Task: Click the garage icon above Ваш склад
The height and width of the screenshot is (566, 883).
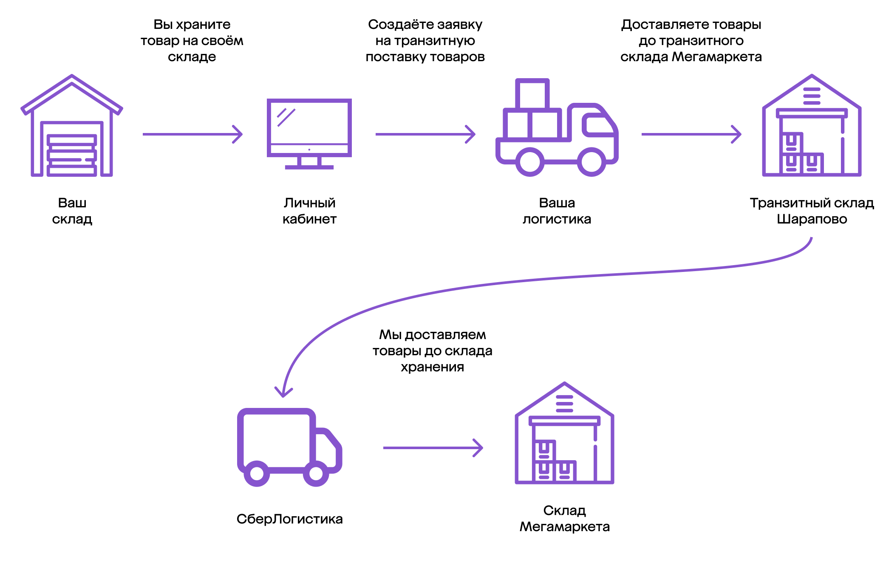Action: point(72,126)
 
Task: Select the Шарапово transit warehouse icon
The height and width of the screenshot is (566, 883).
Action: point(812,126)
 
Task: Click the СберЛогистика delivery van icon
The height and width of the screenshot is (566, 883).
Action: point(289,446)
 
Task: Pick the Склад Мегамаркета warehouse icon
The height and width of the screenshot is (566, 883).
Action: point(564,433)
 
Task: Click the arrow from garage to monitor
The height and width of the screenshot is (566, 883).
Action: point(192,134)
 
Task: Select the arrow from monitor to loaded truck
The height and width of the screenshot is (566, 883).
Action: point(425,134)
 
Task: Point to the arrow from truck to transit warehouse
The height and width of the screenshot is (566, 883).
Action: point(691,134)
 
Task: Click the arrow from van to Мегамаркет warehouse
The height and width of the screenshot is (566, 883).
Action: point(433,448)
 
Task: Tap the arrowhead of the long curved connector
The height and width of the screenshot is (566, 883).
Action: point(283,391)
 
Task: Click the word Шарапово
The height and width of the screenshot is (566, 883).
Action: point(812,219)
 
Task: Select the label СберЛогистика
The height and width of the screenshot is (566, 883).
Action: point(289,519)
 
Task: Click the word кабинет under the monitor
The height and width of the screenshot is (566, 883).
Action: point(309,219)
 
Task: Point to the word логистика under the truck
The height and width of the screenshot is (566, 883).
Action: point(557,219)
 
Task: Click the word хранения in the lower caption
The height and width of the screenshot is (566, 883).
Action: point(432,367)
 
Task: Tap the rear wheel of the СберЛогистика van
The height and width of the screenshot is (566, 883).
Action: point(257,473)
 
